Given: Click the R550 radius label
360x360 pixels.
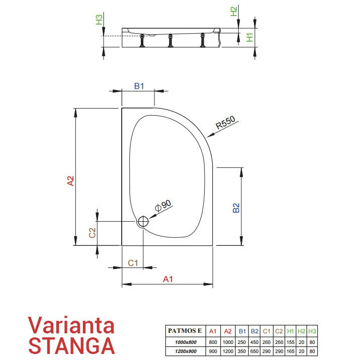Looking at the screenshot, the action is [x=225, y=122].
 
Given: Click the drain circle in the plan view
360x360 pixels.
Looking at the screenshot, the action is [x=143, y=222].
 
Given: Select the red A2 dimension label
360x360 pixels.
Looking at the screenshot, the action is [x=71, y=181].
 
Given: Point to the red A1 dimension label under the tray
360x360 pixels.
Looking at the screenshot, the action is [x=168, y=279].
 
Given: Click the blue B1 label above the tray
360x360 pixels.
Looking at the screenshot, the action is [x=139, y=86].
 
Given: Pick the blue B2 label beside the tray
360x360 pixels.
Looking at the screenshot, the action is [x=236, y=208].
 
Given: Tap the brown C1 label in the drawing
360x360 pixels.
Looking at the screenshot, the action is [x=133, y=263].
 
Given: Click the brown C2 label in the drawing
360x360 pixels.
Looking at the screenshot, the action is [x=92, y=233].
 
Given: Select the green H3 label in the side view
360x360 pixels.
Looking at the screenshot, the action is [x=99, y=20].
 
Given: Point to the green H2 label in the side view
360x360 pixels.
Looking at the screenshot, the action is [x=233, y=12].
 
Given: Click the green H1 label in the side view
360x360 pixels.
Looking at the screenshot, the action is [x=249, y=37].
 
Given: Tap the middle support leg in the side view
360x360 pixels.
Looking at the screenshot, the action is [x=170, y=41].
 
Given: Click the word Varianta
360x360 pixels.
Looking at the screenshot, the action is [x=71, y=325].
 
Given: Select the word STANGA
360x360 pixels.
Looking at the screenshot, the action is [x=71, y=345].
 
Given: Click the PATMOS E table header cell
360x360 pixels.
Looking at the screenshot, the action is [x=185, y=331].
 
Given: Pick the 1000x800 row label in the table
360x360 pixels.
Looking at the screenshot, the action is [x=186, y=342].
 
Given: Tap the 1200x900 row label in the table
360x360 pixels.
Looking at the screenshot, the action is [x=186, y=351].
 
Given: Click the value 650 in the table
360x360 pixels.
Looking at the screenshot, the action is [x=254, y=351].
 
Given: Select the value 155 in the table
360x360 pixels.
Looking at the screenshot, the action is [x=291, y=342].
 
